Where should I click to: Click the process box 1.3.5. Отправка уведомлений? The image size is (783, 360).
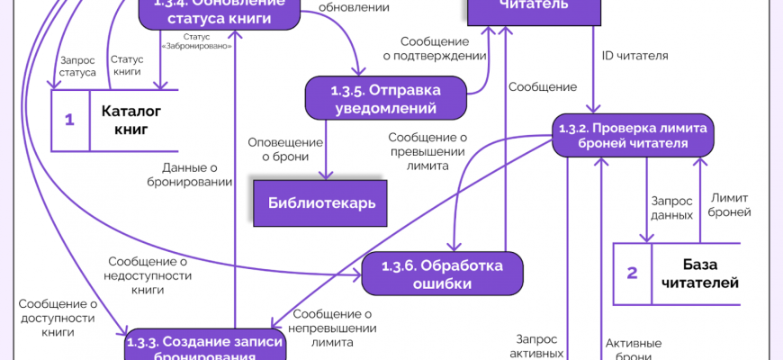[385, 98]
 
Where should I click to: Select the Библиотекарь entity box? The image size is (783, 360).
[320, 202]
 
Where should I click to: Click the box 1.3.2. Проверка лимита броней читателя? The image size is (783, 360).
[633, 135]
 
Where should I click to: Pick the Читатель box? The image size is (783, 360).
[533, 7]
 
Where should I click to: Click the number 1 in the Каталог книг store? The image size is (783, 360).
[69, 121]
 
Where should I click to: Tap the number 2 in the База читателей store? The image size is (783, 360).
[632, 274]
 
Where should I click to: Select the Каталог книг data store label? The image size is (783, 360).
[130, 121]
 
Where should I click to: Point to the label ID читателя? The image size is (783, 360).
[634, 56]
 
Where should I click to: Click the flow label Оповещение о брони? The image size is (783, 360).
[285, 149]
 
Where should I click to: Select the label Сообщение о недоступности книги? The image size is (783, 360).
[147, 275]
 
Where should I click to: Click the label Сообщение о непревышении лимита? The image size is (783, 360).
[332, 328]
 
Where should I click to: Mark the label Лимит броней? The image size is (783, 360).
[730, 204]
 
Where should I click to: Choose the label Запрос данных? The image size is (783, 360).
[671, 208]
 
